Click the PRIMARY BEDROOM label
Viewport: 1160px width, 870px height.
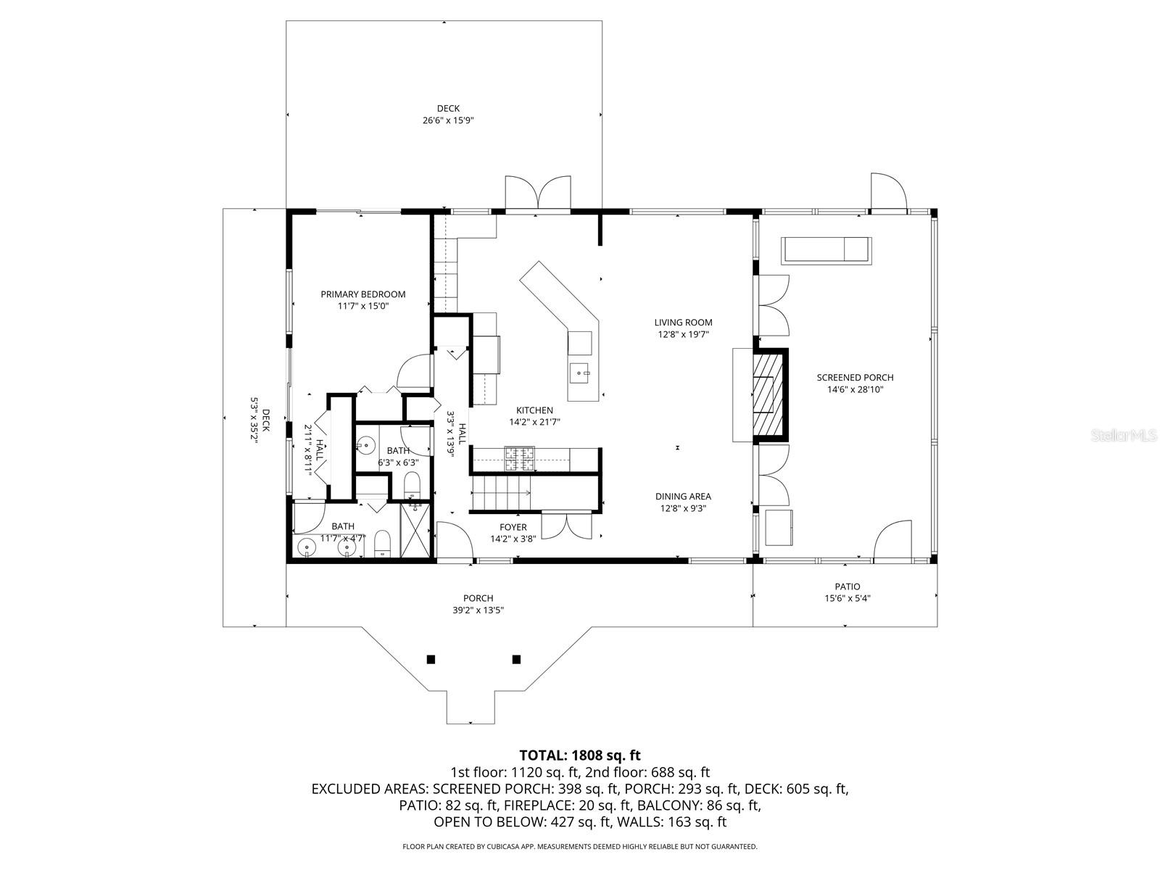click(363, 294)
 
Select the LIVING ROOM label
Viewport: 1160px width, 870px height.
click(683, 323)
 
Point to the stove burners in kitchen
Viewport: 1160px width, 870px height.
click(520, 458)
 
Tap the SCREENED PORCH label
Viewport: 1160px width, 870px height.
click(855, 378)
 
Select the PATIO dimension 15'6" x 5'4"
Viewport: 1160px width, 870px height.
click(847, 599)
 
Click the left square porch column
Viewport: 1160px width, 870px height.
click(431, 659)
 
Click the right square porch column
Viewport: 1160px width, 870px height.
click(516, 659)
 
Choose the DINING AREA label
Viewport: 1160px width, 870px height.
click(683, 497)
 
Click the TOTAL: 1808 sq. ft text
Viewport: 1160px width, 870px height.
click(580, 755)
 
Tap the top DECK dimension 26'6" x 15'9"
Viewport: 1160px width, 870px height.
click(448, 121)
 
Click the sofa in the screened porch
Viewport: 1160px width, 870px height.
click(826, 249)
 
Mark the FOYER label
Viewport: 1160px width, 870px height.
click(513, 527)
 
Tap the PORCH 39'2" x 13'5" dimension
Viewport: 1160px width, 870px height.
click(478, 610)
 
